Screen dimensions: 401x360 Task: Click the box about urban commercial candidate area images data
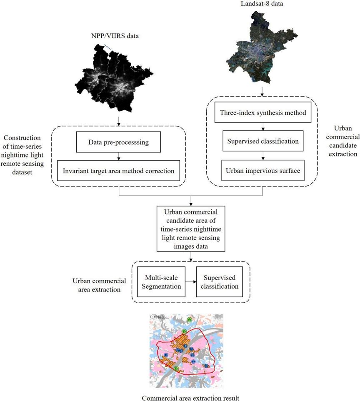pyautogui.click(x=191, y=228)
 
